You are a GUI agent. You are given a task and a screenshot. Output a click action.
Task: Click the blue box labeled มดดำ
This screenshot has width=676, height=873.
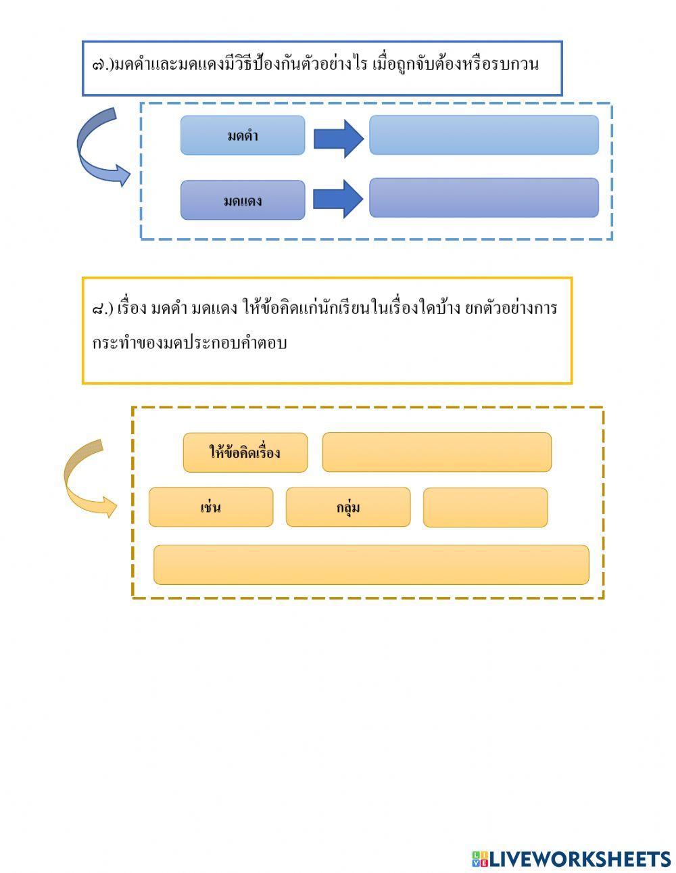click(x=242, y=135)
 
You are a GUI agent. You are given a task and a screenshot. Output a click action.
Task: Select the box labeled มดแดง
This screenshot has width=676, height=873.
click(x=242, y=200)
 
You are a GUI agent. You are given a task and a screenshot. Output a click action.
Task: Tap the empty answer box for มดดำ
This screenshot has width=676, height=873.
click(x=483, y=135)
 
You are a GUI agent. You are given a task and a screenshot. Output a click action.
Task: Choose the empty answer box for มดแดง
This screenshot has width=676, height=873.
click(x=483, y=197)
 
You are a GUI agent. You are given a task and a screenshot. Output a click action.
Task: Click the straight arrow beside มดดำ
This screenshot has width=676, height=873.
click(x=338, y=139)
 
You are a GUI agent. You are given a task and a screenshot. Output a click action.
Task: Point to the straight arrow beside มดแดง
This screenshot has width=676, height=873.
click(x=338, y=199)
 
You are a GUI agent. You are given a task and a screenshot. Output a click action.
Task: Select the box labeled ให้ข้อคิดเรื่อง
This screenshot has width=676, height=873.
click(x=245, y=452)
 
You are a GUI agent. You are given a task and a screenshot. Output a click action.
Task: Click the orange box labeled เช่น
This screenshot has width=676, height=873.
click(x=211, y=507)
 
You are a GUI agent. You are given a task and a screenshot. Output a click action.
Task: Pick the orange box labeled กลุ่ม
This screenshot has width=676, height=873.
click(x=347, y=507)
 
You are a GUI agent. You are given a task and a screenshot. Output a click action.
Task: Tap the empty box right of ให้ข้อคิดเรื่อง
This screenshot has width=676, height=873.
click(x=437, y=452)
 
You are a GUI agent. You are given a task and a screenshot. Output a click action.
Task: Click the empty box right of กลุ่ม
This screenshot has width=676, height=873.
click(x=485, y=507)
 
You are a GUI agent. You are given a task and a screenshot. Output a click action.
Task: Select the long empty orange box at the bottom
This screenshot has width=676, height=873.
click(x=371, y=565)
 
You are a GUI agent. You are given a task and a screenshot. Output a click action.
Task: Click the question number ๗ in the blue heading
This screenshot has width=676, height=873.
click(x=99, y=66)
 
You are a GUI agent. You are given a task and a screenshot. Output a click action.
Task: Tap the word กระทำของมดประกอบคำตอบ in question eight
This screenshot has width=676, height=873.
click(x=189, y=343)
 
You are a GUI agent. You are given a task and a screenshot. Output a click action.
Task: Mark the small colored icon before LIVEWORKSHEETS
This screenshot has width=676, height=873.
click(x=480, y=859)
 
